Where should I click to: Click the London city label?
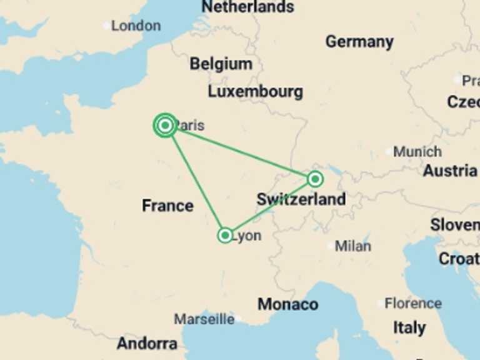tap(136, 26)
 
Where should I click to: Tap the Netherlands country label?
tap(247, 7)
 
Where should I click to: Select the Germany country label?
tap(359, 42)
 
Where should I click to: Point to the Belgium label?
tap(221, 64)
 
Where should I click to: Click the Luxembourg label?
tap(255, 91)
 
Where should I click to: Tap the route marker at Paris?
tap(165, 126)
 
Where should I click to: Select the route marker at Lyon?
tap(225, 235)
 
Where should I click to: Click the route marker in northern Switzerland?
tap(316, 179)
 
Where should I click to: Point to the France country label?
tap(167, 206)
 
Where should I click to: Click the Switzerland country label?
tap(301, 199)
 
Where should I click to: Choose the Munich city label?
tap(418, 151)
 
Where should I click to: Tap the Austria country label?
tap(450, 171)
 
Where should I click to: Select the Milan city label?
tap(352, 246)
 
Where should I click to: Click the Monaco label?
tap(287, 304)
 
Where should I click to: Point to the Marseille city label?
tap(204, 319)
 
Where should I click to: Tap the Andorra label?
tap(147, 343)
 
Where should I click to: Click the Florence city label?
tap(413, 304)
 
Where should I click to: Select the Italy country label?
tap(409, 327)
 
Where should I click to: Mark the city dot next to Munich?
tap(389, 152)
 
